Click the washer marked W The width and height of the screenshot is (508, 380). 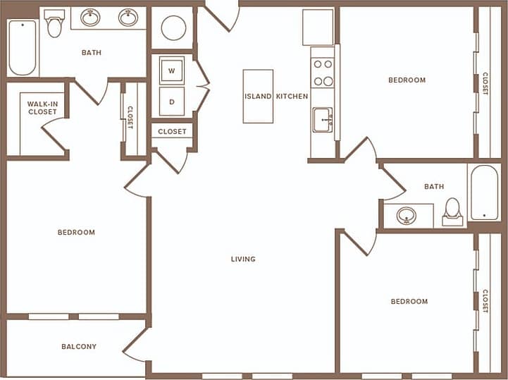(171, 71)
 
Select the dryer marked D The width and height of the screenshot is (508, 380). (171, 101)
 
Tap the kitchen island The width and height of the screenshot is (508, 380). (258, 96)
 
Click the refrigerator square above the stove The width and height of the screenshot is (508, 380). (318, 27)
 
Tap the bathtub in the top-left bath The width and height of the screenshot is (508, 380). (22, 47)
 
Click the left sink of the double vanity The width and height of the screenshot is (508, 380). (90, 18)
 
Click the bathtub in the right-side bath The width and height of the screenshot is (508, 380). (484, 192)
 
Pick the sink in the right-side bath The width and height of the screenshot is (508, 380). (407, 216)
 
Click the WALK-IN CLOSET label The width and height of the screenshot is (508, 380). (42, 108)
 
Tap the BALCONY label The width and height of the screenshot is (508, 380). (79, 347)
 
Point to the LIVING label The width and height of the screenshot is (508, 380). (243, 259)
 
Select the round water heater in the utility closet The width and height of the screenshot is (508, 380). (173, 28)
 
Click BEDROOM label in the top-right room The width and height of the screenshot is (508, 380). (407, 80)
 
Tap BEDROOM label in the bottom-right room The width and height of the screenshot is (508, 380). (409, 302)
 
